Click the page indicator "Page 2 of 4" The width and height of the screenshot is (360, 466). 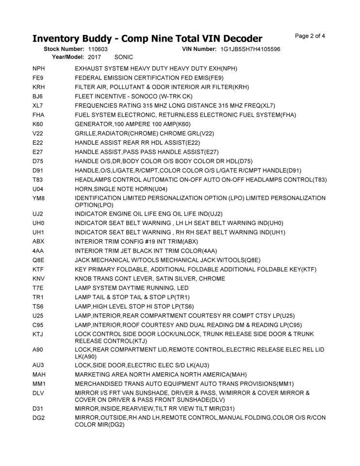pos(310,36)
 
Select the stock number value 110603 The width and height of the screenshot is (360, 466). pos(98,50)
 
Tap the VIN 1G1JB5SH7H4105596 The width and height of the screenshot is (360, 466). pos(250,50)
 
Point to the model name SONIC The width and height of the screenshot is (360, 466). pos(124,57)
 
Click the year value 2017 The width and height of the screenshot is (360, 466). pos(95,57)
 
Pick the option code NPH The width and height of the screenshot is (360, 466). pos(39,68)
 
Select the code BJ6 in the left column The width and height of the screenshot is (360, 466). pos(38,96)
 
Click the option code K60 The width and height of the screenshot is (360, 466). pos(38,124)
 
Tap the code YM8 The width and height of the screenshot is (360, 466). pos(38,198)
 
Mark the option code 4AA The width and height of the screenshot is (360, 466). pos(38,250)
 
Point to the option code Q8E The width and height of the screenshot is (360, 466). pos(38,260)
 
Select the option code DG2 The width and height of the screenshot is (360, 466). pos(38,417)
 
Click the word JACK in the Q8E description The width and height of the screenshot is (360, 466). pos(83,260)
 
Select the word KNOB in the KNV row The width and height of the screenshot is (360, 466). pos(83,278)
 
